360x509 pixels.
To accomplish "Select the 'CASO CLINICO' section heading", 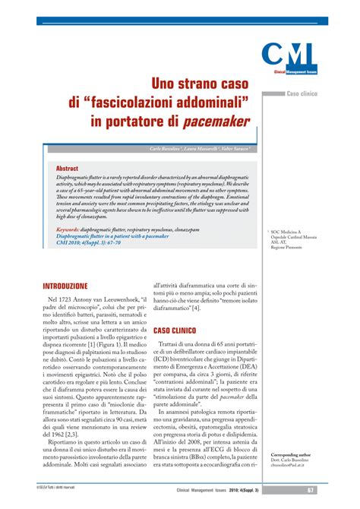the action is pyautogui.click(x=175, y=331).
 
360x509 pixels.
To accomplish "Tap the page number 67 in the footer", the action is pyautogui.click(x=311, y=489).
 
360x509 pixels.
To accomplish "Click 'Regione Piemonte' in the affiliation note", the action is pyautogui.click(x=288, y=248).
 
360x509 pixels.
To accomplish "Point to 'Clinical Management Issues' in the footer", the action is pyautogui.click(x=200, y=490).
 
